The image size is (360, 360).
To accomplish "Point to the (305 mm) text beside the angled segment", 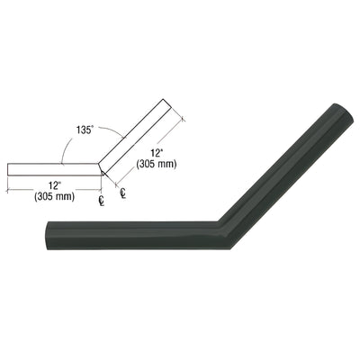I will point(160,163).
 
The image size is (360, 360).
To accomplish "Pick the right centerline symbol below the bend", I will point(122,192).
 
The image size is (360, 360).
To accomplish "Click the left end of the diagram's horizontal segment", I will point(8,170).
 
